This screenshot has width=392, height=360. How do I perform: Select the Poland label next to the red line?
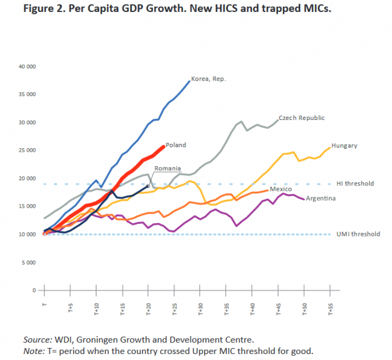pos(176,145)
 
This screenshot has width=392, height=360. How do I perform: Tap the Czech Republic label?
pos(301,118)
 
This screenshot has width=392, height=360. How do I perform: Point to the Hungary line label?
pos(344,145)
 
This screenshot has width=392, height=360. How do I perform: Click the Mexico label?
pos(280,189)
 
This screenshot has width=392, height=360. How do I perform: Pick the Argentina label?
pos(321,198)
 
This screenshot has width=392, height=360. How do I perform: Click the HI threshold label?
pos(355,184)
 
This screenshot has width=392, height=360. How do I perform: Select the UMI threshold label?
pos(358,235)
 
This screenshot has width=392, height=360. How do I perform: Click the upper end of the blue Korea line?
pos(189,81)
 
